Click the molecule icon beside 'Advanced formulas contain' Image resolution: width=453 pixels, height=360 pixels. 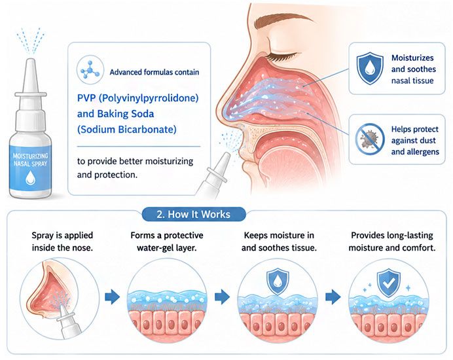90,70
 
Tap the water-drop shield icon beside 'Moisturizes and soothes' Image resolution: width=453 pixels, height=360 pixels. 370,69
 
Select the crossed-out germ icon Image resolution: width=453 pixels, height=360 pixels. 370,139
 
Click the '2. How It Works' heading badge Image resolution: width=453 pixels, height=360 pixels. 194,215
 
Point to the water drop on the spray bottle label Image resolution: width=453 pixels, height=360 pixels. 30,177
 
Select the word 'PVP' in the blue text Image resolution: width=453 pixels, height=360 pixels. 86,98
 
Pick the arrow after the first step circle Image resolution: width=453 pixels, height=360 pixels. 113,297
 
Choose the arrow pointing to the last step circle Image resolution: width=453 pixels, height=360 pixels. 333,297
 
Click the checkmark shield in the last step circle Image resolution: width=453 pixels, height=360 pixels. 389,283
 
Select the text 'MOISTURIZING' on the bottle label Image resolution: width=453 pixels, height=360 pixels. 30,156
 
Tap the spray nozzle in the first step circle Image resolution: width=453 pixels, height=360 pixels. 69,321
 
